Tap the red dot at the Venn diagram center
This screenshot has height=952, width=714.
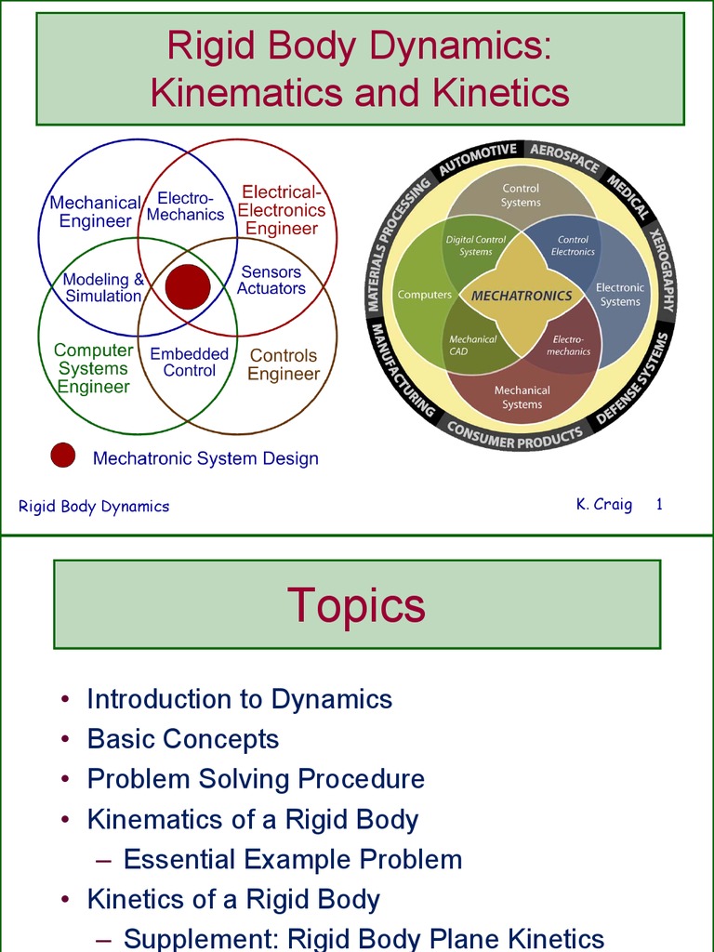(x=188, y=286)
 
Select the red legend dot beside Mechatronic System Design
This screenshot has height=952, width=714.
(x=62, y=456)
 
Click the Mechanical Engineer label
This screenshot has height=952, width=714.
(x=95, y=212)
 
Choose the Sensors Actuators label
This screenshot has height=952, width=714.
(x=271, y=280)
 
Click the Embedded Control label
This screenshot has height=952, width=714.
(x=190, y=362)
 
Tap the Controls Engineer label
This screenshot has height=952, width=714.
(x=284, y=364)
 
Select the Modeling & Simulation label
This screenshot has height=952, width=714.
(x=103, y=287)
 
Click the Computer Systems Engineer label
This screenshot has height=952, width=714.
(x=93, y=368)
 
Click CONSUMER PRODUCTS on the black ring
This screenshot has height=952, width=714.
(x=514, y=434)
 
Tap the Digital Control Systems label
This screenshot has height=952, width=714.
(x=475, y=245)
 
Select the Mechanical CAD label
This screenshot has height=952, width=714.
(x=472, y=345)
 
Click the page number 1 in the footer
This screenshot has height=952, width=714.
(x=658, y=505)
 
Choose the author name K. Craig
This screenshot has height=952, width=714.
(x=603, y=505)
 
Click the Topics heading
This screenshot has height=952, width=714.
(x=356, y=604)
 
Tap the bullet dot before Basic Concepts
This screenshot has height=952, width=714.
(x=64, y=740)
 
